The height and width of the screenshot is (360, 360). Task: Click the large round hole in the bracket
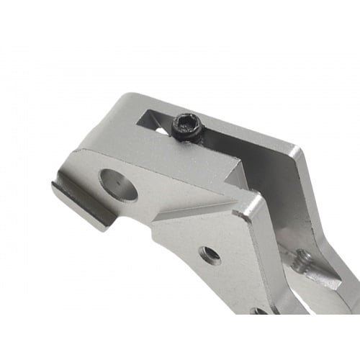click(x=118, y=184)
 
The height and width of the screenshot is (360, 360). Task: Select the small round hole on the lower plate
click(x=210, y=253)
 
